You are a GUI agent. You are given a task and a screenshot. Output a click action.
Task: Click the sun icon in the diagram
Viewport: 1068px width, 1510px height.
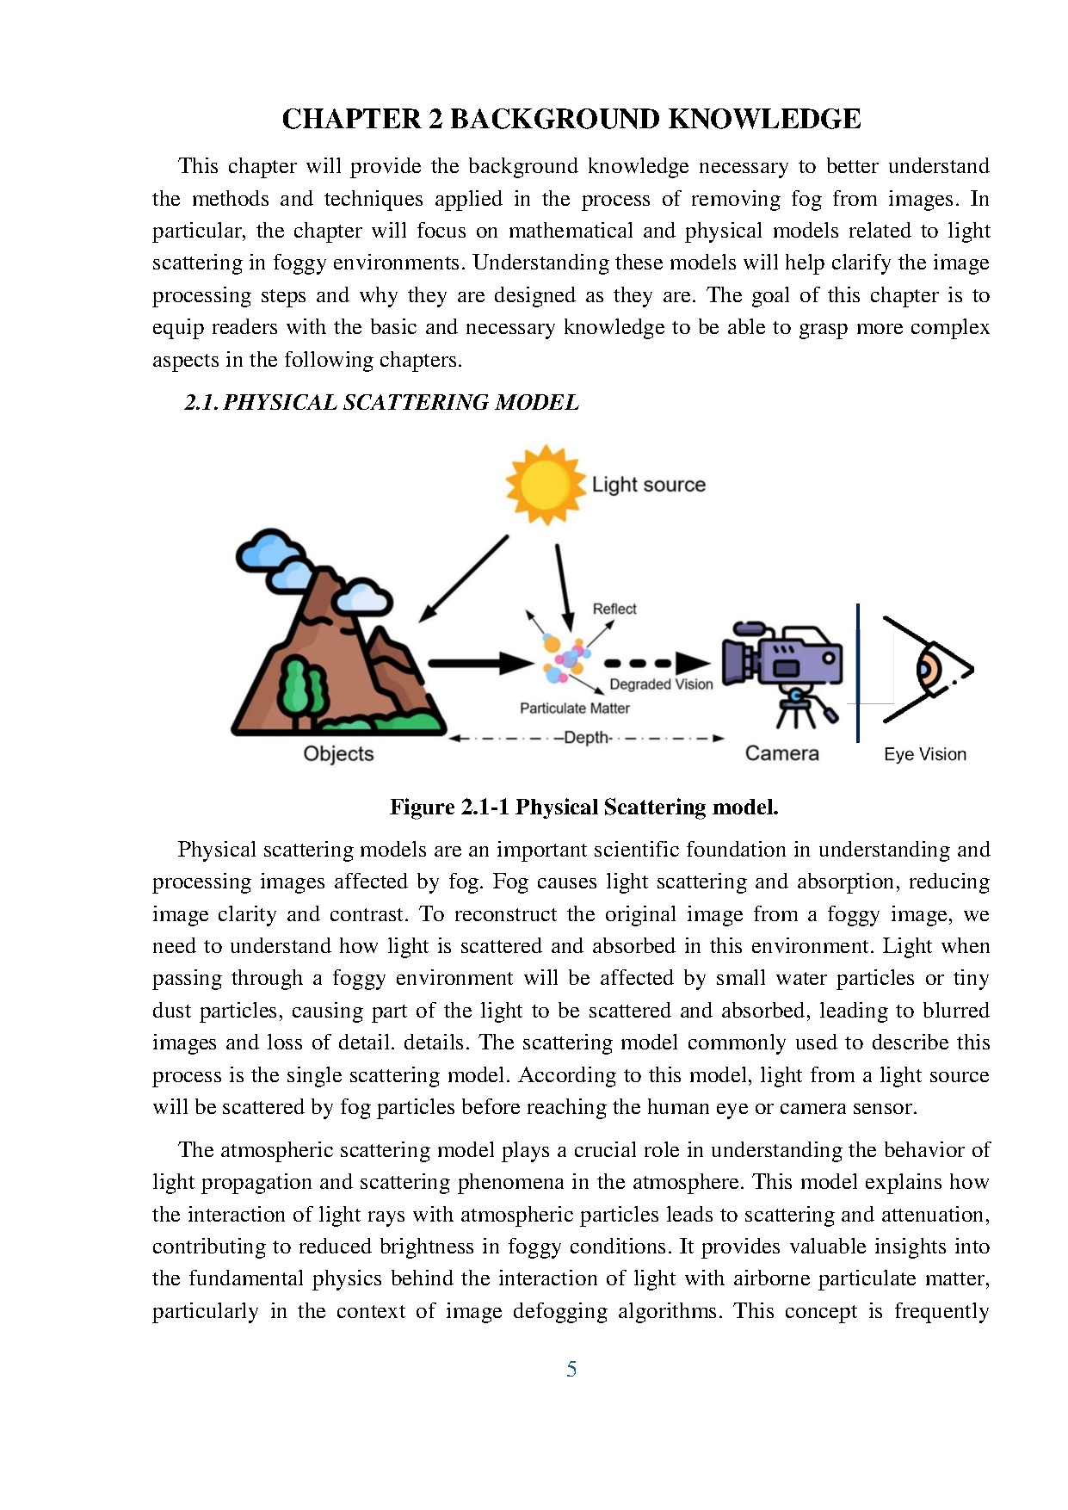pyautogui.click(x=545, y=485)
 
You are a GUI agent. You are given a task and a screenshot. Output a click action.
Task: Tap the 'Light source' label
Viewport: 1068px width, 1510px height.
pyautogui.click(x=648, y=485)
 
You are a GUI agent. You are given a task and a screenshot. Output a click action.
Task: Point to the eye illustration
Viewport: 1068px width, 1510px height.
pyautogui.click(x=928, y=670)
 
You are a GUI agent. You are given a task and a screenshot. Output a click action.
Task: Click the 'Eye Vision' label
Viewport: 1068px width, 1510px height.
pyautogui.click(x=924, y=754)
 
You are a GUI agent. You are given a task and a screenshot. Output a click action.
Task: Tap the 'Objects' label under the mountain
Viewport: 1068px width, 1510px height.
pyautogui.click(x=338, y=753)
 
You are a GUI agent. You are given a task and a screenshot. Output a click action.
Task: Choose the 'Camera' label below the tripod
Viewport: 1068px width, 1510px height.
pyautogui.click(x=781, y=753)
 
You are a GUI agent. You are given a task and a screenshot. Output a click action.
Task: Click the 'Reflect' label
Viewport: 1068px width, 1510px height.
pyautogui.click(x=614, y=609)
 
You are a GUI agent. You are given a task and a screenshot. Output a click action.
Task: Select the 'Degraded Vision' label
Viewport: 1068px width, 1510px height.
pyautogui.click(x=661, y=684)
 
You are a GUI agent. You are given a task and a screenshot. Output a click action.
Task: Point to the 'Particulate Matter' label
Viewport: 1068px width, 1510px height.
pyautogui.click(x=574, y=708)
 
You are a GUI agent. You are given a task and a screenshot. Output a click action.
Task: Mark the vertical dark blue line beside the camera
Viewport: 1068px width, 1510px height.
pyautogui.click(x=858, y=672)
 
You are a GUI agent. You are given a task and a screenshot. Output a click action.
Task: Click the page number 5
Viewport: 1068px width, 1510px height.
pyautogui.click(x=571, y=1369)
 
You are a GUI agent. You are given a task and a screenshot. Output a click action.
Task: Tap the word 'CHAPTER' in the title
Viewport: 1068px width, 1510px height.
pyautogui.click(x=351, y=119)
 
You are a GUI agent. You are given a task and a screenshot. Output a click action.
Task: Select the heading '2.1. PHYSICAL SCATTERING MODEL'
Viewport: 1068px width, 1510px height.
pyautogui.click(x=381, y=402)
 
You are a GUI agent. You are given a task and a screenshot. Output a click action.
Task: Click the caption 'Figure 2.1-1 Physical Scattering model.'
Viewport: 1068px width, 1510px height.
pyautogui.click(x=583, y=807)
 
